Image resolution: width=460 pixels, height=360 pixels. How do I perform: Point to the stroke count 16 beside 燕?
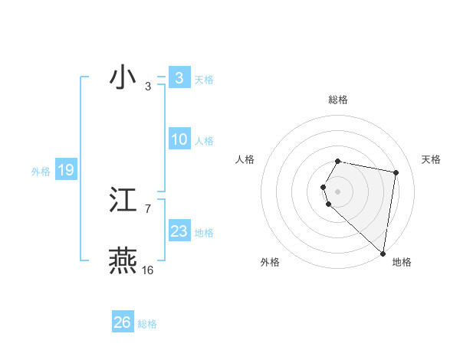click(147, 270)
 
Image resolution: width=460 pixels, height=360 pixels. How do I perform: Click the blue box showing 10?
click(179, 139)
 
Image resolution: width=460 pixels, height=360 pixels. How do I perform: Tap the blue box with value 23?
click(179, 231)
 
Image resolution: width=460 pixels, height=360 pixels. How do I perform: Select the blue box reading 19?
click(66, 170)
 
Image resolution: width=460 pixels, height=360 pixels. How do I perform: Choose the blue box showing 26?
click(123, 322)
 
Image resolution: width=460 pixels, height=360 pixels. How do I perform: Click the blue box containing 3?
click(179, 78)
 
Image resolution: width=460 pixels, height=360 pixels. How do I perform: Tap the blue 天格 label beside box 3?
click(204, 80)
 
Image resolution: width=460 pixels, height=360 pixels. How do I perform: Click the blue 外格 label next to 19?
click(41, 172)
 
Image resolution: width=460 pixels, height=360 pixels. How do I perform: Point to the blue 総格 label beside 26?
click(147, 324)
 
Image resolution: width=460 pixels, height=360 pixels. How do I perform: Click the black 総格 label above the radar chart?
click(338, 100)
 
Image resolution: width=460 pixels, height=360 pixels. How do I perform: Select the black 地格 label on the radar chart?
click(402, 263)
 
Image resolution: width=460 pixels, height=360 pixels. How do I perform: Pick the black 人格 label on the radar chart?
click(245, 159)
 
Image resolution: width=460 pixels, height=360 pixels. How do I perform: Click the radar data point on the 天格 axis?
click(396, 172)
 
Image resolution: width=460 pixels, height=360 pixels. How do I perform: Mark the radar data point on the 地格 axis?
click(383, 254)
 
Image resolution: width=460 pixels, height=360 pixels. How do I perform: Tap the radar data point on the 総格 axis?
click(338, 161)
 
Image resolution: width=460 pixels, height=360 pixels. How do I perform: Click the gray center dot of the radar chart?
click(338, 191)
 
